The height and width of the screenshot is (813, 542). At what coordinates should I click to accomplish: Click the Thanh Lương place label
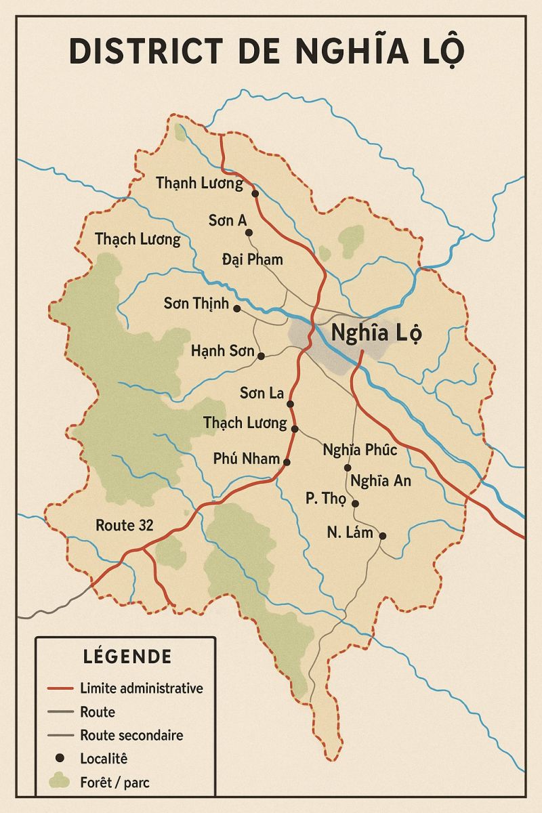[199, 183]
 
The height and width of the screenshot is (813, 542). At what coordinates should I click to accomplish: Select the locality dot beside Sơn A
[249, 232]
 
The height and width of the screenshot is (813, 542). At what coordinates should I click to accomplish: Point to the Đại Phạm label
[253, 259]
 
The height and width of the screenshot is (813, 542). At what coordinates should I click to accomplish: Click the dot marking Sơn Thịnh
[236, 308]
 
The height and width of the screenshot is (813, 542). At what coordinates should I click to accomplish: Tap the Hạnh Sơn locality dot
[261, 355]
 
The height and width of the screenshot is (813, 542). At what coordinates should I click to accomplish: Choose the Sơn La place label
[261, 393]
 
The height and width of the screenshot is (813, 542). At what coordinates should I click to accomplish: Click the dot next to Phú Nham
[287, 462]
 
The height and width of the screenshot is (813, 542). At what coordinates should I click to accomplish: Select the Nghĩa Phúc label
[360, 450]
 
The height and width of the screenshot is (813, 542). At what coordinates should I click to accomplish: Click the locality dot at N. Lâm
[382, 536]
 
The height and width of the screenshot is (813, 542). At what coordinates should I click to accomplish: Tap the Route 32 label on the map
[125, 525]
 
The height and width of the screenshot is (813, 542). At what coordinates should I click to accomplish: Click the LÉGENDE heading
[127, 656]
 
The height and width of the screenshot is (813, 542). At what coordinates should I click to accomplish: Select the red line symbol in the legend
[60, 689]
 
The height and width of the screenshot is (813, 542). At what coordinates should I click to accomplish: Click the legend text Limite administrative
[141, 688]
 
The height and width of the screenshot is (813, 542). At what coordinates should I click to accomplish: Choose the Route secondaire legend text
[131, 735]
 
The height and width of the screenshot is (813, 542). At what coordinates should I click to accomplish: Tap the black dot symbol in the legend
[60, 758]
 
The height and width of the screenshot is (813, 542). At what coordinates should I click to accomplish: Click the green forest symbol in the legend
[60, 782]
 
